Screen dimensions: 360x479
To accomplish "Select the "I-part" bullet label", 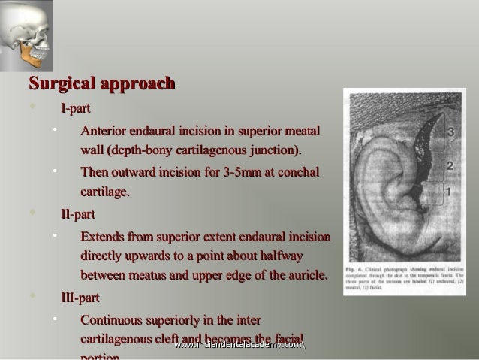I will (x=76, y=109).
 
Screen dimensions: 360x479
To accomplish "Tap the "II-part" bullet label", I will (x=77, y=214).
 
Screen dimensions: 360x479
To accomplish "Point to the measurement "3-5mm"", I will (x=242, y=172).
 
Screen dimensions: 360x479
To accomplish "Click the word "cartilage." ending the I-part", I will (x=104, y=192).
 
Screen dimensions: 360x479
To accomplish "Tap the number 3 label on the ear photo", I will (x=449, y=132).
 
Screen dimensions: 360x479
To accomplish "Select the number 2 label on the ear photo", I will (x=449, y=165).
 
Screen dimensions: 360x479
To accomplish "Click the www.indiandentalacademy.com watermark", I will (x=239, y=345).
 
